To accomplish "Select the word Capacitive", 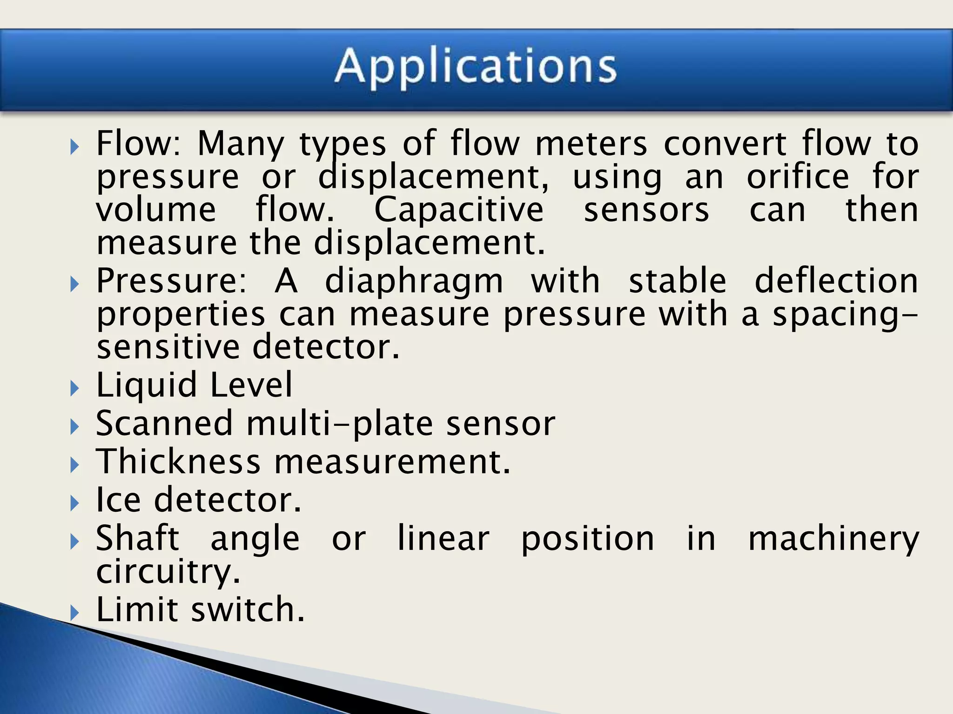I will pos(459,210).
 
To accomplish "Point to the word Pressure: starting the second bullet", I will pos(171,281).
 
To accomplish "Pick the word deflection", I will pos(836,281).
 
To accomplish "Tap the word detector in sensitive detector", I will pos(326,347).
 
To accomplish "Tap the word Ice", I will pos(118,500).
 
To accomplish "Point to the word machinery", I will pos(833,539).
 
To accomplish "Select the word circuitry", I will pos(168,572).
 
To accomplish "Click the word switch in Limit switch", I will pos(248,609).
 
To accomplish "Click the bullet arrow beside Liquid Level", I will pos(74,388).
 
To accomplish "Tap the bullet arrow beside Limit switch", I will pos(74,612).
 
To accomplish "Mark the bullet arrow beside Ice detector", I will pos(74,502).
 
